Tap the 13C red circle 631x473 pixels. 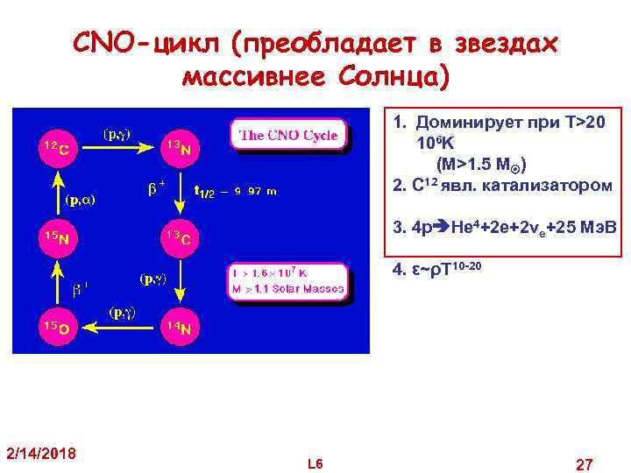click(182, 236)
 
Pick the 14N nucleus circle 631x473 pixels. click(182, 328)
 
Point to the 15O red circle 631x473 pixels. click(54, 328)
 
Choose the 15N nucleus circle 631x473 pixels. click(54, 236)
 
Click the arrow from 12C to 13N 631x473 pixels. click(118, 150)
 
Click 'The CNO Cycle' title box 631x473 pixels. click(289, 135)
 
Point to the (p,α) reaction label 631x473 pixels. click(81, 199)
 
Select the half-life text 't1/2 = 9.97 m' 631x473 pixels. click(235, 191)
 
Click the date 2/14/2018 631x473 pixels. click(41, 453)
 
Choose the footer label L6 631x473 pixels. click(315, 462)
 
